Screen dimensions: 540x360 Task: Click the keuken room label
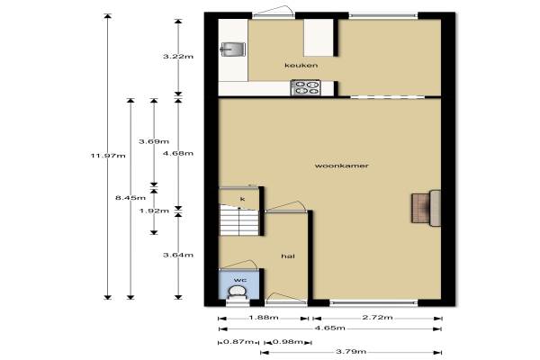tap(301, 65)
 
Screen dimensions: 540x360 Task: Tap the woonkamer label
tap(342, 166)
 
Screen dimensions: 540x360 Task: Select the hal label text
tap(288, 256)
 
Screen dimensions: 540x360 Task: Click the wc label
tap(240, 280)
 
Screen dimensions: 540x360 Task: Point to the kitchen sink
tap(232, 49)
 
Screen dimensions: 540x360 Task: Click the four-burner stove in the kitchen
tap(306, 87)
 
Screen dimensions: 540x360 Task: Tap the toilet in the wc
tap(238, 294)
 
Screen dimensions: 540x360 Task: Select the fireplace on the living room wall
tap(426, 208)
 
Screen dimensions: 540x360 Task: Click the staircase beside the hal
tap(239, 220)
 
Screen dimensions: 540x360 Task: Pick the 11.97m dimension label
tap(108, 156)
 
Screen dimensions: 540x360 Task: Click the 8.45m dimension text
tap(130, 198)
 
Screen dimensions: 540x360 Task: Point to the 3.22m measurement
tap(178, 57)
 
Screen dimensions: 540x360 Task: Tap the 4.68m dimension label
tap(178, 153)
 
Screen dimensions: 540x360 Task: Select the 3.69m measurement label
tap(154, 141)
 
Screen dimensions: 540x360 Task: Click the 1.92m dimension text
tap(154, 211)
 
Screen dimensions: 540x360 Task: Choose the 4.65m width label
tap(330, 328)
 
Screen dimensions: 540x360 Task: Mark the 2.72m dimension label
tap(377, 318)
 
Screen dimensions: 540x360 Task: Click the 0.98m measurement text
tap(288, 342)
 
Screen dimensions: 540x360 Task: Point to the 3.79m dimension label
tap(351, 352)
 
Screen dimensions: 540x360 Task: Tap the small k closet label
tap(242, 199)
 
